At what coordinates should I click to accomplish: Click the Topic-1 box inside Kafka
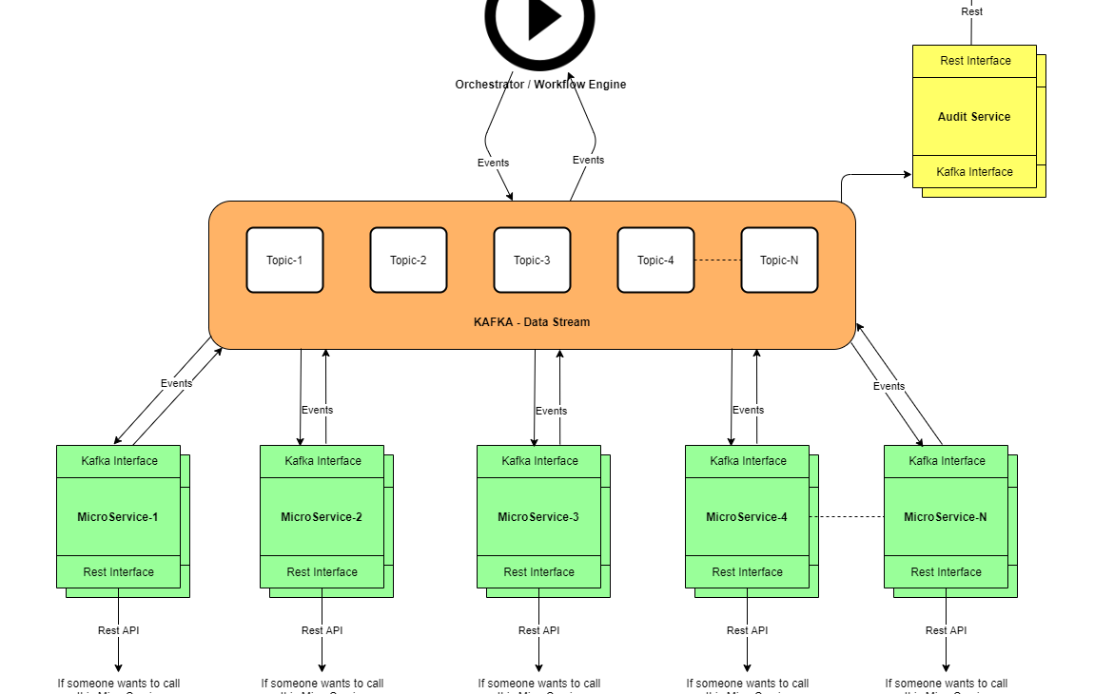(x=284, y=260)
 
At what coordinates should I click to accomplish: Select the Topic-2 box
(x=408, y=260)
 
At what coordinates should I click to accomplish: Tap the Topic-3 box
(x=532, y=260)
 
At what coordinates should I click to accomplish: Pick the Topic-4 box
(x=655, y=260)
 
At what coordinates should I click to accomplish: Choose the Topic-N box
(x=779, y=260)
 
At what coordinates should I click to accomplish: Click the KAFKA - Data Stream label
(x=532, y=322)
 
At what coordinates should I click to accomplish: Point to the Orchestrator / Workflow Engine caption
(x=540, y=85)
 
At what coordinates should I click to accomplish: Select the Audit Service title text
(x=974, y=117)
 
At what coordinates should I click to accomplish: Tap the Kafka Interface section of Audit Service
(x=974, y=172)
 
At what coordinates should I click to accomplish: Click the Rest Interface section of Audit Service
(x=975, y=61)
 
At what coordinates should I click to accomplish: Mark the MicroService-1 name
(x=118, y=517)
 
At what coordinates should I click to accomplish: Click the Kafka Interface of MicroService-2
(x=322, y=461)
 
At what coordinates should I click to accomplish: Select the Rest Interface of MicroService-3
(x=538, y=572)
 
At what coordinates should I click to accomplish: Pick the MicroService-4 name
(x=747, y=517)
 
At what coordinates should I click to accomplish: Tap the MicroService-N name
(x=946, y=517)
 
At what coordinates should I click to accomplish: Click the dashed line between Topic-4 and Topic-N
(x=717, y=260)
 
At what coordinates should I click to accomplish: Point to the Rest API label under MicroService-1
(x=119, y=630)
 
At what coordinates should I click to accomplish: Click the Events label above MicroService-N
(x=889, y=386)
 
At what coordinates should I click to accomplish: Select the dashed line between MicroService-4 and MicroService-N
(x=847, y=517)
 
